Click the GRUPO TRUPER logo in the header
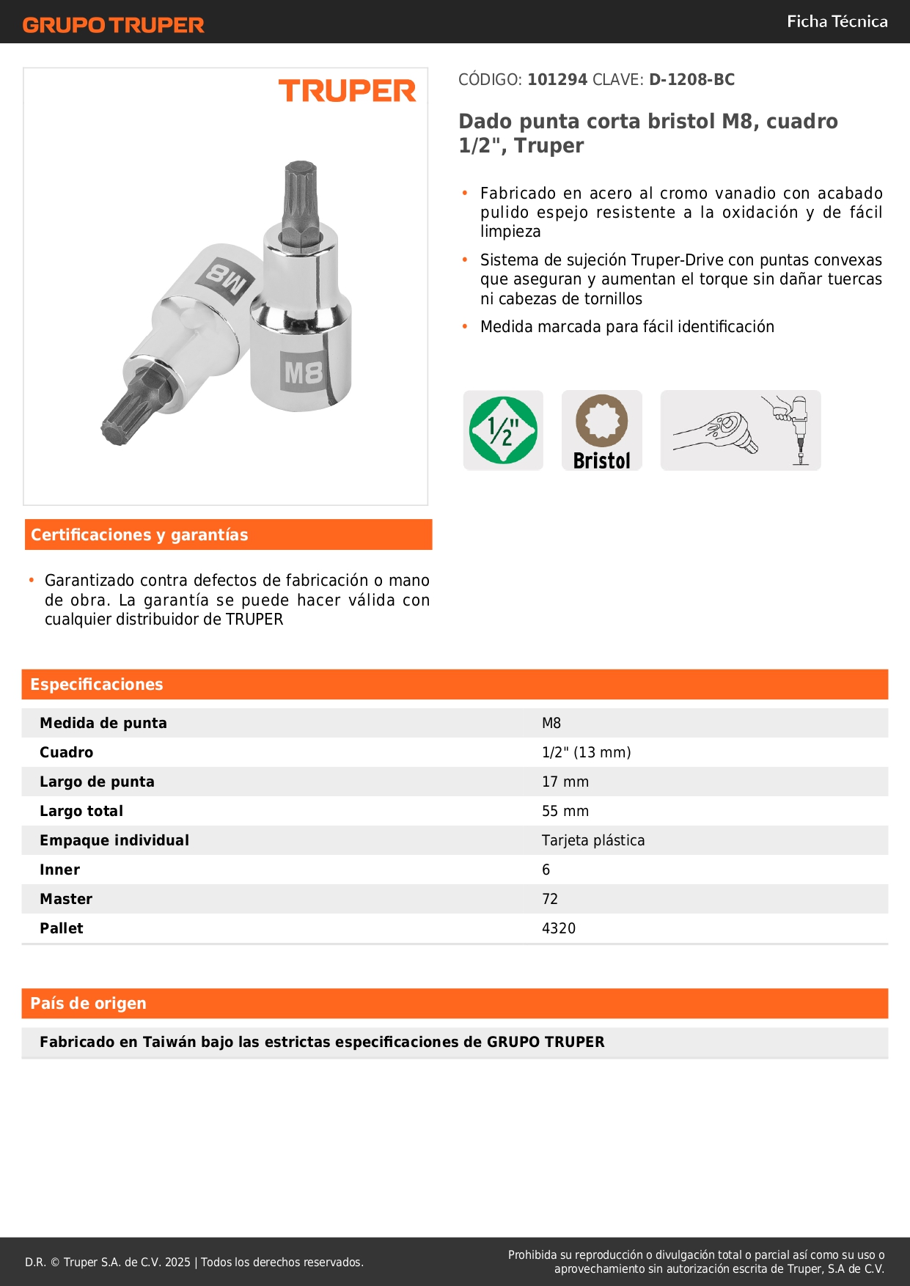tap(113, 25)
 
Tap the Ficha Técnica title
tap(837, 22)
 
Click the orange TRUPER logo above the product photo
tap(347, 91)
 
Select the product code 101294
tap(557, 80)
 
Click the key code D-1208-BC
tap(691, 80)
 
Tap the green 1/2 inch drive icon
tap(503, 430)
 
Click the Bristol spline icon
tap(601, 430)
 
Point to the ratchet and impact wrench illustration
tap(740, 430)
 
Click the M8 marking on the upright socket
tap(304, 372)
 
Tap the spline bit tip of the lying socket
tap(128, 411)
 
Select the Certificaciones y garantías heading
tap(139, 535)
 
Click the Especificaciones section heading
tap(97, 685)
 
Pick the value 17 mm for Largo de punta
tap(565, 782)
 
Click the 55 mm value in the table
tap(565, 811)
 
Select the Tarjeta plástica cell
tap(593, 840)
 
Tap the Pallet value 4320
tap(559, 928)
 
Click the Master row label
tap(66, 899)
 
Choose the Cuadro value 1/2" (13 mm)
tap(586, 752)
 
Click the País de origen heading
tap(88, 1004)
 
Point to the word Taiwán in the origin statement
tap(169, 1042)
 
